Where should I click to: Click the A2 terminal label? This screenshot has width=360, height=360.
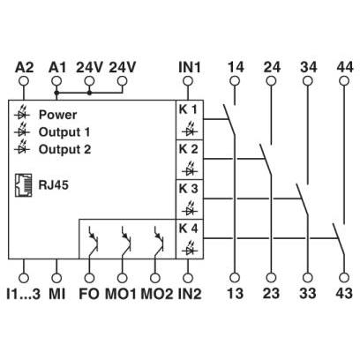click(x=24, y=67)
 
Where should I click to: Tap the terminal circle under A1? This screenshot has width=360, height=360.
click(x=56, y=81)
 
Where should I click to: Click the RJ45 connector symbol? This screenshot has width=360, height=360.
click(x=24, y=185)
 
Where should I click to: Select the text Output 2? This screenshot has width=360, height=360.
click(x=64, y=149)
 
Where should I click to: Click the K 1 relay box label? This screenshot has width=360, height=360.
click(x=188, y=109)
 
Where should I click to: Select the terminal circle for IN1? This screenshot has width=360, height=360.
click(x=188, y=81)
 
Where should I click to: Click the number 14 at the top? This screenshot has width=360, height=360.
click(x=236, y=67)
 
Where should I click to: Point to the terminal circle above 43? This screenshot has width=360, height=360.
click(x=344, y=277)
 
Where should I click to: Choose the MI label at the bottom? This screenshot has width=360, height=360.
click(x=56, y=294)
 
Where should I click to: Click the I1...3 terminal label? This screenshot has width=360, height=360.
click(x=23, y=294)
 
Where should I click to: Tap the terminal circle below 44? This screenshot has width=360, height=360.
click(x=344, y=81)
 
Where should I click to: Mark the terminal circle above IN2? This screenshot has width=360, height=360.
click(x=188, y=277)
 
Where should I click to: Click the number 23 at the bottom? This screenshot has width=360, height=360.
click(x=271, y=294)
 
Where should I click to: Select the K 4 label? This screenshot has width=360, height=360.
click(x=188, y=229)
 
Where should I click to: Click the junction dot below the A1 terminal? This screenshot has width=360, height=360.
click(x=56, y=93)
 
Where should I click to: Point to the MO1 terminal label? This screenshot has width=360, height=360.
click(x=121, y=294)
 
